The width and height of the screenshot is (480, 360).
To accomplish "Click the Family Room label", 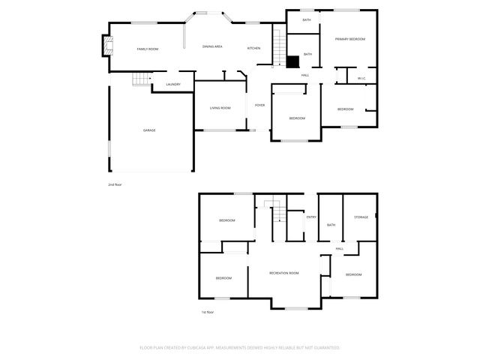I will pos(147,49).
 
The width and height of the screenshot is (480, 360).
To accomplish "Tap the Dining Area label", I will pos(212,47).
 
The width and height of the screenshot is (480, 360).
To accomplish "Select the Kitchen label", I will pos(254,49).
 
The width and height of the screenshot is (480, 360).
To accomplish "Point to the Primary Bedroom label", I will pos(349,38).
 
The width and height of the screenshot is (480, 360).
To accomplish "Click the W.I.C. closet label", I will pos(361,78).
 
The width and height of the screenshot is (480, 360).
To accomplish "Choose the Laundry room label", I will pos(173,85).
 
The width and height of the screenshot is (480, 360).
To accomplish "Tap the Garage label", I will pos(149,130).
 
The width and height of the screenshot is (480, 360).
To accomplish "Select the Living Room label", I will pos(220,108).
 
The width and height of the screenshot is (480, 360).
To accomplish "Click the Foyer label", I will pos(259,105).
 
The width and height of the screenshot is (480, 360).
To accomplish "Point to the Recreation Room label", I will pos(284,273).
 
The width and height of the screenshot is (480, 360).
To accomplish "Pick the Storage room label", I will pos(361,217).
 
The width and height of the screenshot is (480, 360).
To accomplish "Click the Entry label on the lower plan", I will pos(311,217).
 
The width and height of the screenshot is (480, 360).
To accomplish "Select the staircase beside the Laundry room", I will pos(139,79).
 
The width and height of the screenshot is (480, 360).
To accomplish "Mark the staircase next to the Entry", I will pos(278,212).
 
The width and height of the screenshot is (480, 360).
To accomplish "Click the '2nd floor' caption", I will pos(115,184).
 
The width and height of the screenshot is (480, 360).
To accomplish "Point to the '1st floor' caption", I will pos(207,312).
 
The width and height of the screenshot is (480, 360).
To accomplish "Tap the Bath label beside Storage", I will pos(331,225).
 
